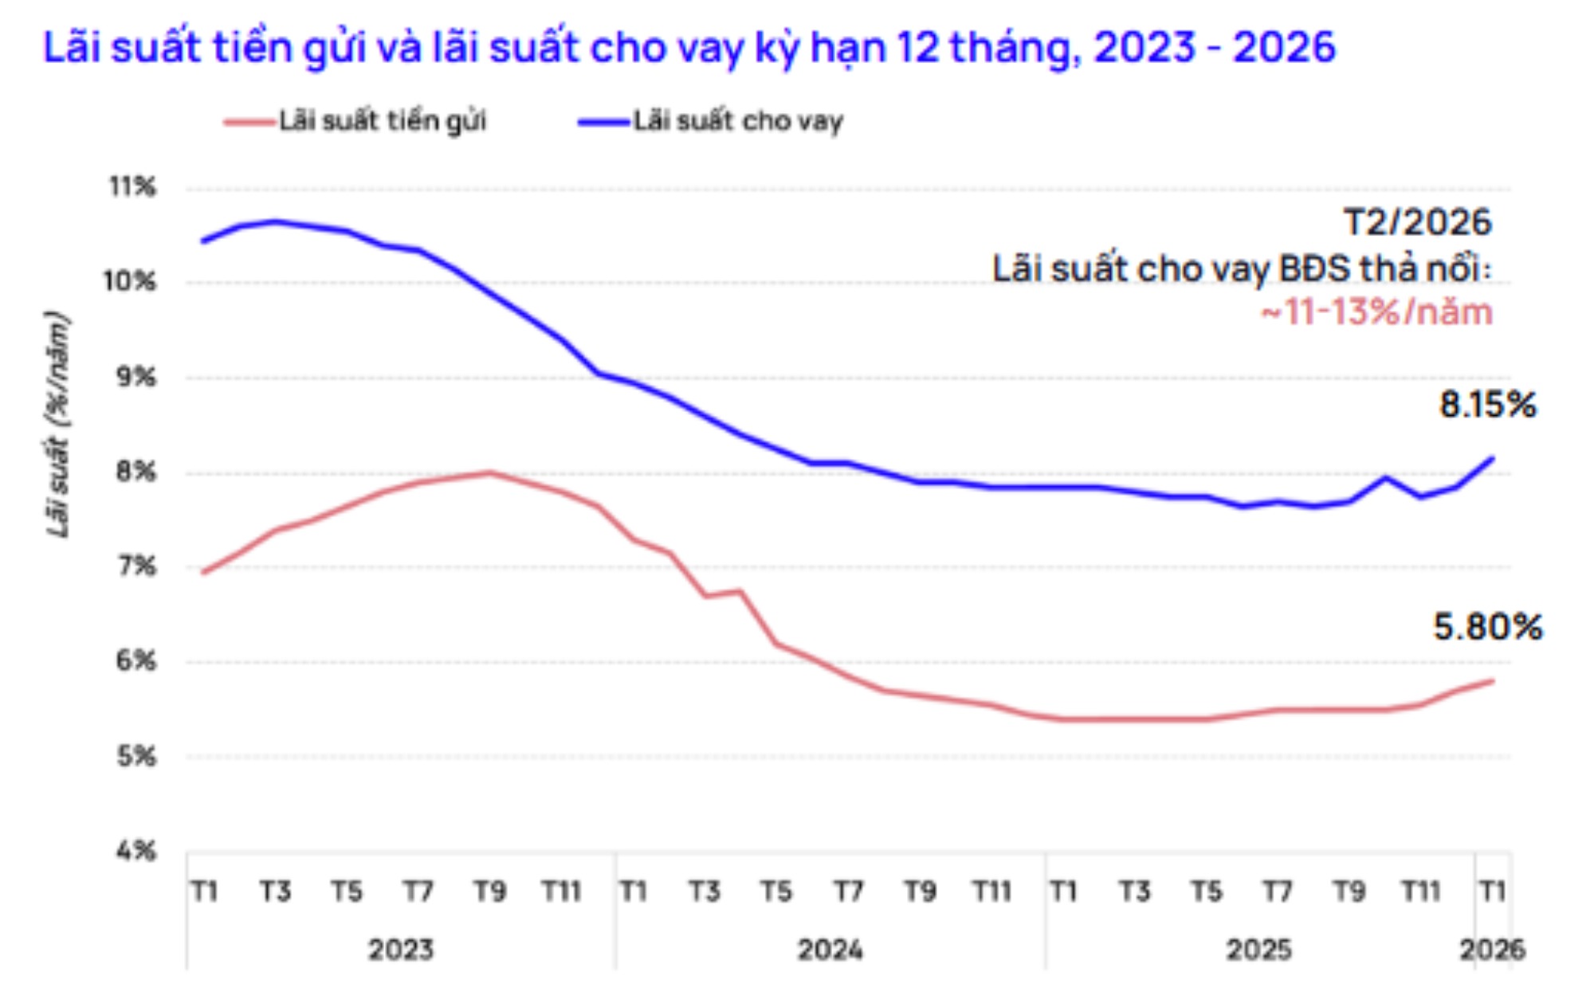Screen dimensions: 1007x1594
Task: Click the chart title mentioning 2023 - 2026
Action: pyautogui.click(x=689, y=48)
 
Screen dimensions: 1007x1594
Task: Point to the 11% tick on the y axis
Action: pyautogui.click(x=132, y=187)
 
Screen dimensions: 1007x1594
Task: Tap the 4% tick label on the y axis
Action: pyautogui.click(x=135, y=851)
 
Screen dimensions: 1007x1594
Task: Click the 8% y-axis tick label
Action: pyautogui.click(x=135, y=472)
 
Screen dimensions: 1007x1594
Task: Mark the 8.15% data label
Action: pyautogui.click(x=1487, y=405)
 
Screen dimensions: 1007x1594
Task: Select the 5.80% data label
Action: pyautogui.click(x=1487, y=627)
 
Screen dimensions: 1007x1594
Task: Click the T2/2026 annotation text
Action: pyautogui.click(x=1417, y=222)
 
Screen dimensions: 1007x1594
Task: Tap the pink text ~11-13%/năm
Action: pyautogui.click(x=1376, y=312)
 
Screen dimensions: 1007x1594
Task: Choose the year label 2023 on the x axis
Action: pyautogui.click(x=401, y=950)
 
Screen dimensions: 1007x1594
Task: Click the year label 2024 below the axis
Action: pyautogui.click(x=830, y=950)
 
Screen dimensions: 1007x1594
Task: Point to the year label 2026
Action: pyautogui.click(x=1492, y=950)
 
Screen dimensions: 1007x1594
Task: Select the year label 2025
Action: pyautogui.click(x=1258, y=950)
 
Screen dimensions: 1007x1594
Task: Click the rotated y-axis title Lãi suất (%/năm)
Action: pyautogui.click(x=57, y=425)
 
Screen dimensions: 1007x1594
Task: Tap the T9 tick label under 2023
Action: pyautogui.click(x=489, y=891)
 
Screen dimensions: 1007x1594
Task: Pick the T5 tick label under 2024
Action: pyautogui.click(x=775, y=891)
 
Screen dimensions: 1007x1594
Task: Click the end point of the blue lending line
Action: pyautogui.click(x=1492, y=458)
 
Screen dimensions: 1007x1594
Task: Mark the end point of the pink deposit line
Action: pyautogui.click(x=1492, y=681)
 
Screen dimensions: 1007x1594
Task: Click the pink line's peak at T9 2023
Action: pyautogui.click(x=489, y=473)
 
